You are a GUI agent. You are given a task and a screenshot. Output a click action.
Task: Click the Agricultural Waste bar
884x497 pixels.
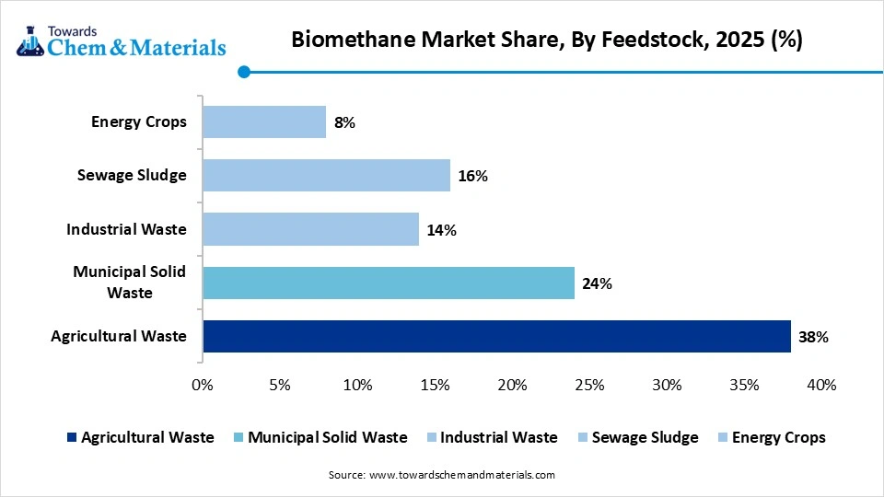point(496,336)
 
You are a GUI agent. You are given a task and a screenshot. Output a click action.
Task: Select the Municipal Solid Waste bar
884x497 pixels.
point(388,283)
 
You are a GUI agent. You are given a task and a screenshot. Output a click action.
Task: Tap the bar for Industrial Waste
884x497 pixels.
point(310,229)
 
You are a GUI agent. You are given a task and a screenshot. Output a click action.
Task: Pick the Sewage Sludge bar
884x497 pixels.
point(326,175)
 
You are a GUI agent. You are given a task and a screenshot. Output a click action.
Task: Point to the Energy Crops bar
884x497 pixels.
point(264,121)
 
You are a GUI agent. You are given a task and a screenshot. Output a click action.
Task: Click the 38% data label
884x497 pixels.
point(814,337)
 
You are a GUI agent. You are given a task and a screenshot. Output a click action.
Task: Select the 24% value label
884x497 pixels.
point(597,283)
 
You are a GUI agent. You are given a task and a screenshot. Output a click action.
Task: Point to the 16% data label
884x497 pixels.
point(472,176)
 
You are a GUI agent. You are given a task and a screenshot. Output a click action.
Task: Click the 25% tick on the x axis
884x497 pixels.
point(589,385)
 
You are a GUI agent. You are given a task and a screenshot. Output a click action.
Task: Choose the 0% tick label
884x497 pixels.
point(203,385)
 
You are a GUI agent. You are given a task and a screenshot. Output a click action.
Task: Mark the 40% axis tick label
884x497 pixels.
point(821,385)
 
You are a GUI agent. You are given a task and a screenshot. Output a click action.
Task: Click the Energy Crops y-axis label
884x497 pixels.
point(138,121)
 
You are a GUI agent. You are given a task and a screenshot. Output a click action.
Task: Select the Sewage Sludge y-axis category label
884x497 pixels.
point(132,175)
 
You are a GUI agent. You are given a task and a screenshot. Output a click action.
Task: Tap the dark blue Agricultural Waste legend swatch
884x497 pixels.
point(69,437)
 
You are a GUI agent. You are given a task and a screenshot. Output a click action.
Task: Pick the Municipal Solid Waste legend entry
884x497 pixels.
point(327,437)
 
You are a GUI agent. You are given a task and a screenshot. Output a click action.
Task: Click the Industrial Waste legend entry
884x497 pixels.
point(498,437)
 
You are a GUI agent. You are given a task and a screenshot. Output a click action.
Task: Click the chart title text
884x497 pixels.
point(547,40)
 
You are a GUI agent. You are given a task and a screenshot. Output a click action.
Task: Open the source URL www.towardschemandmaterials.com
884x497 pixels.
point(461,475)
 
